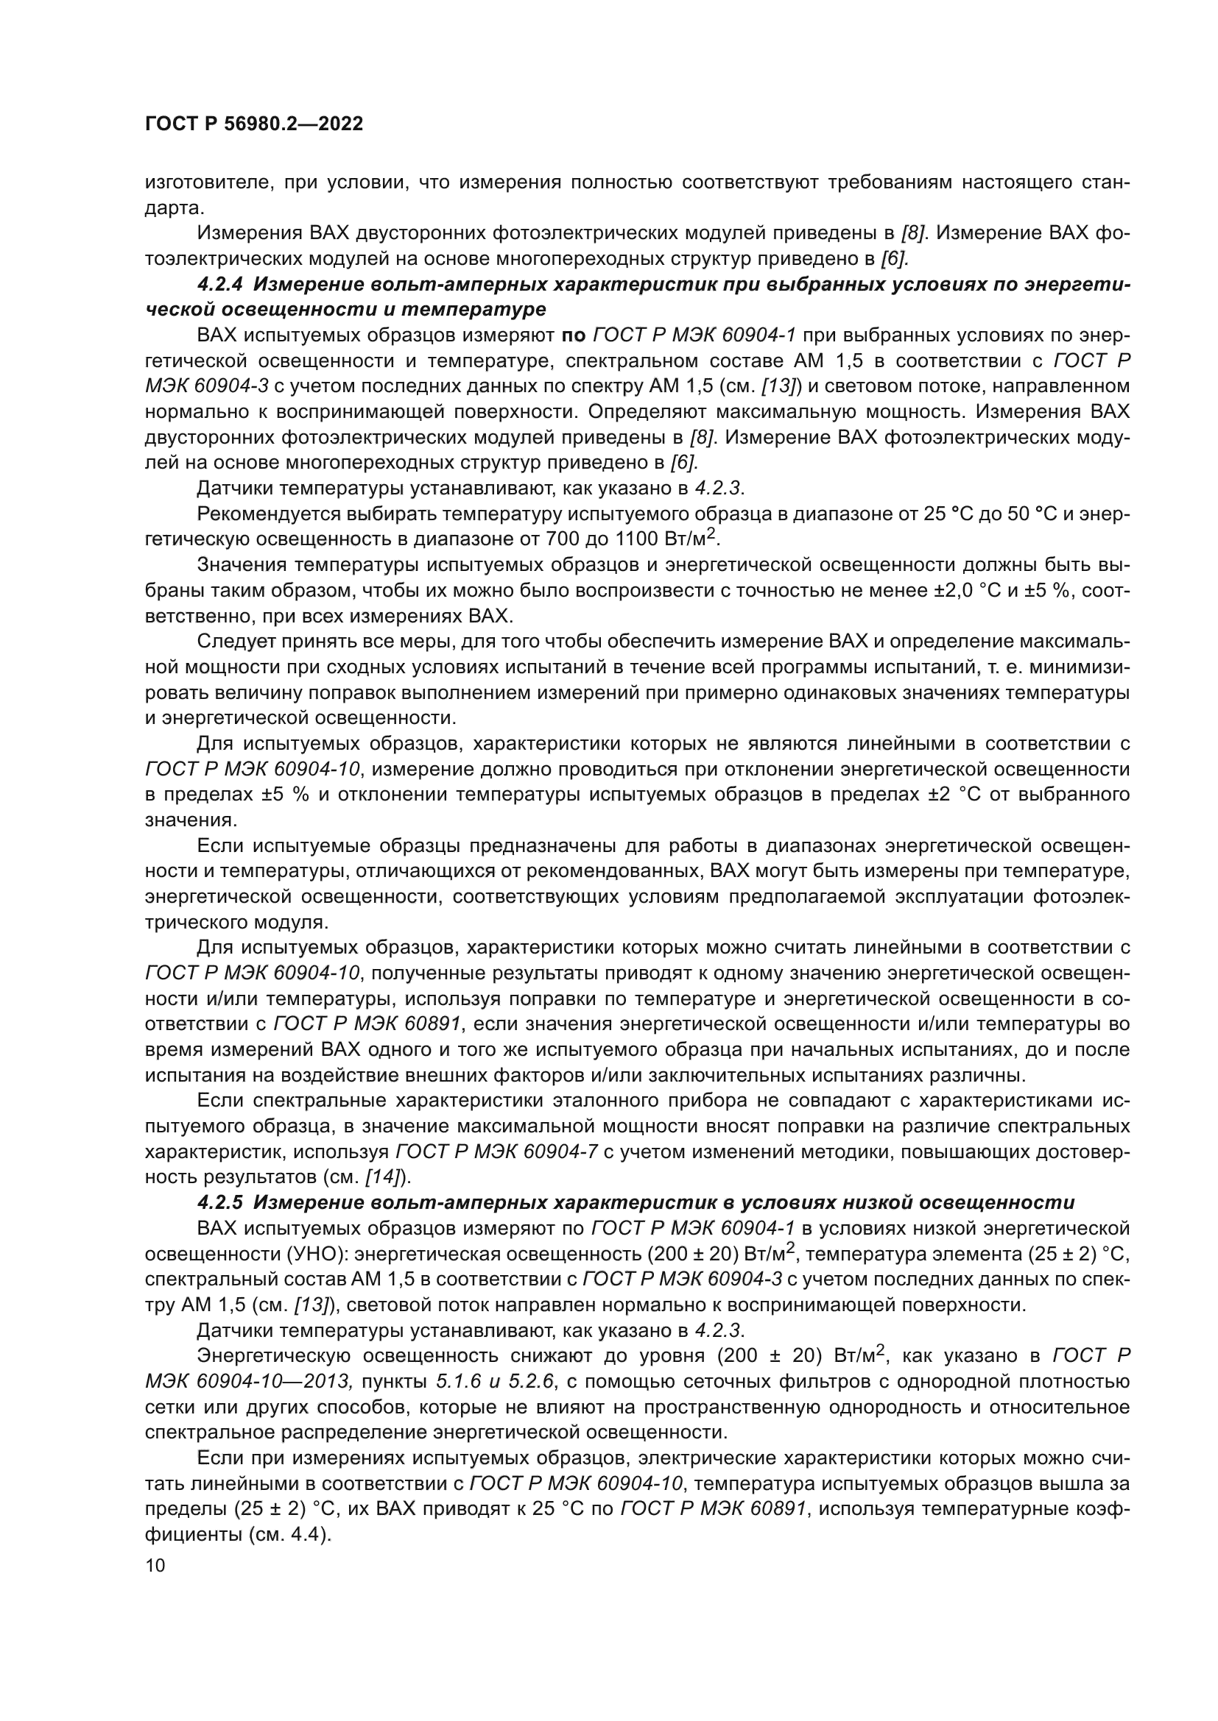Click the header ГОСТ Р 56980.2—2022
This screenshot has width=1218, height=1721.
[x=253, y=124]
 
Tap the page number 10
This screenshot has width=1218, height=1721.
[x=155, y=1565]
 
